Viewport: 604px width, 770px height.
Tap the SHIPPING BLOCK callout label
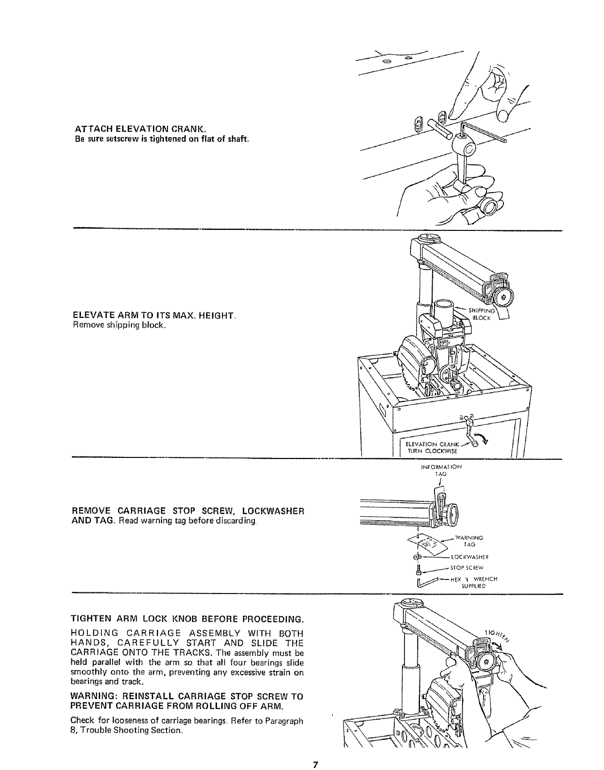[x=482, y=315]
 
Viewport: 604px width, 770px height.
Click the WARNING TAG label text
[x=468, y=541]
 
